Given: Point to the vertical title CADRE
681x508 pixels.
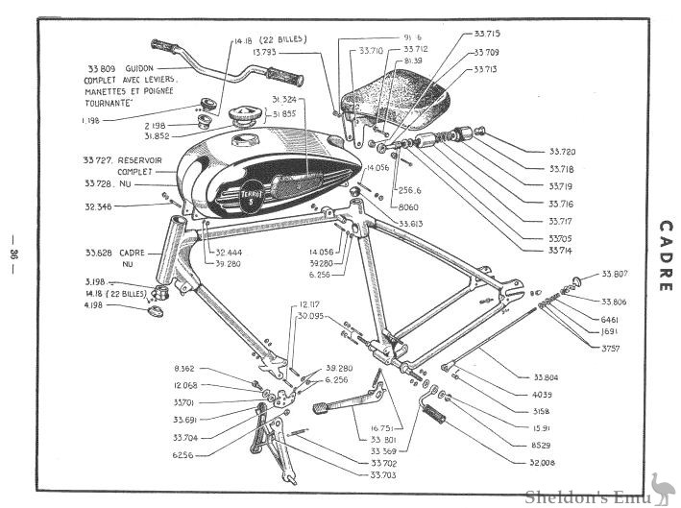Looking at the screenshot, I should pyautogui.click(x=665, y=254).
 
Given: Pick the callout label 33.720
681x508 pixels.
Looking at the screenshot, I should pyautogui.click(x=562, y=152).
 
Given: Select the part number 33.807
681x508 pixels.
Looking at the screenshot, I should pyautogui.click(x=614, y=274).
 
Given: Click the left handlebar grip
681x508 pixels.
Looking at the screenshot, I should pyautogui.click(x=166, y=46).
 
